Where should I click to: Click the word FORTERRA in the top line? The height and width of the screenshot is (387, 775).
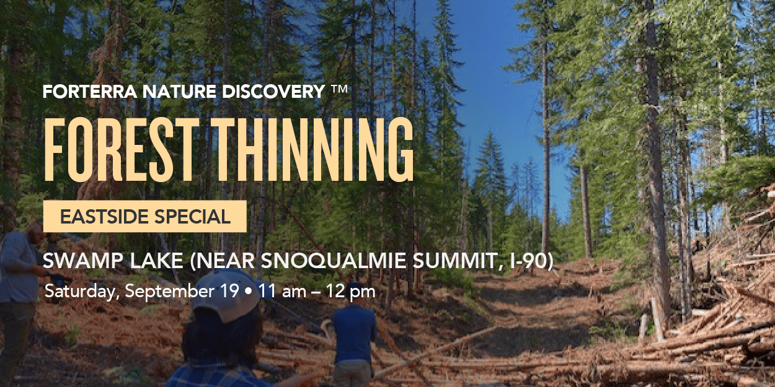tap(90, 92)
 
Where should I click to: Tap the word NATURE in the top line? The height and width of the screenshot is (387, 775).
tap(179, 92)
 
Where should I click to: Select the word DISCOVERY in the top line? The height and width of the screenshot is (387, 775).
tap(273, 92)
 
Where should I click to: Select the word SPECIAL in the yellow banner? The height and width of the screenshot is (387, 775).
tap(192, 217)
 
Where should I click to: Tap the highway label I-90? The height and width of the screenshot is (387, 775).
tap(529, 261)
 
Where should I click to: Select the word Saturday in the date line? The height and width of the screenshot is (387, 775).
tap(82, 291)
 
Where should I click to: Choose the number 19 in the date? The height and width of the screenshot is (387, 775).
tap(230, 291)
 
